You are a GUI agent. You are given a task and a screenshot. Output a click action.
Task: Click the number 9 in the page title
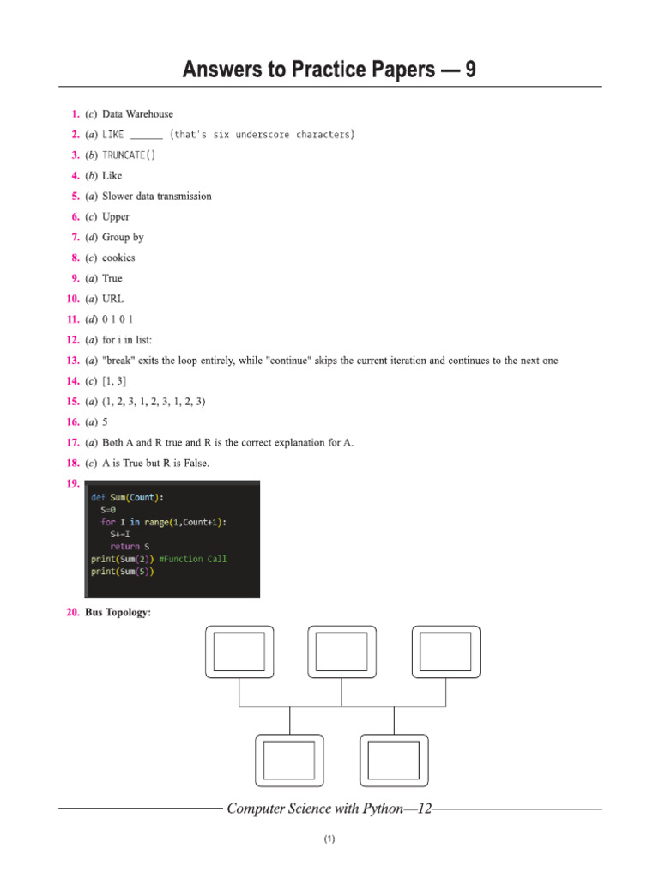point(469,70)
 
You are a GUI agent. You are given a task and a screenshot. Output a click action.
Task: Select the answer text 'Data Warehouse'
point(137,113)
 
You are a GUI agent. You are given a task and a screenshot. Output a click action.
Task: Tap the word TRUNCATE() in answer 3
point(129,155)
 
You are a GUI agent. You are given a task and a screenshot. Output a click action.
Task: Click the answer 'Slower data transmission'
point(156,196)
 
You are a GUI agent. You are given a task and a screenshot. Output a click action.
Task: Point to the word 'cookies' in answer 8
point(118,258)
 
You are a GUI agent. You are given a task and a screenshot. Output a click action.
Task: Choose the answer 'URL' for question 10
point(113,299)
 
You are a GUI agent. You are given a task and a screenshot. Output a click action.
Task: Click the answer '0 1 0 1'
point(118,319)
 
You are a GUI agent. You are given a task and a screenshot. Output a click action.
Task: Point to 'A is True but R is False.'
point(155,464)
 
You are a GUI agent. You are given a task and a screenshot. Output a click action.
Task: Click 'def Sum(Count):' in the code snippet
point(127,496)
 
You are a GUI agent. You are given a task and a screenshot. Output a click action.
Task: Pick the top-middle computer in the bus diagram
point(342,652)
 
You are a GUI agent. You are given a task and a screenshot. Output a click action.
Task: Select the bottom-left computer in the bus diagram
point(290,760)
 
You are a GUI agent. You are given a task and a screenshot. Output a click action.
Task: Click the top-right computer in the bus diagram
point(446,652)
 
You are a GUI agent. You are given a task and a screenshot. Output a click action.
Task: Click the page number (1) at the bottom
point(329,840)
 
